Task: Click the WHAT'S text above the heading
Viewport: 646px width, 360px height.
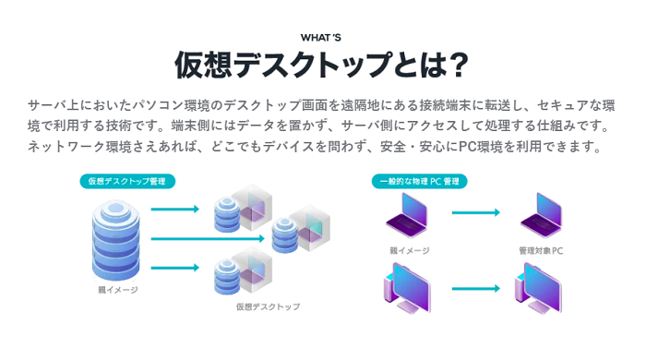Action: [321, 38]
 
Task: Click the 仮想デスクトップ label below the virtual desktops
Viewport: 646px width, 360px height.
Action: [268, 306]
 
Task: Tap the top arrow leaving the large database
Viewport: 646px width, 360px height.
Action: [174, 210]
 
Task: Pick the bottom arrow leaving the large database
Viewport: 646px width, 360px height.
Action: [174, 269]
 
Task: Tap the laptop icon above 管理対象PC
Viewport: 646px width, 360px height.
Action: [541, 216]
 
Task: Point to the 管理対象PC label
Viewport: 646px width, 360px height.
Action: [541, 250]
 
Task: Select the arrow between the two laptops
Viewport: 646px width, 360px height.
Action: [474, 212]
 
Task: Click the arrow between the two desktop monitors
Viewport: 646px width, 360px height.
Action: [474, 289]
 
